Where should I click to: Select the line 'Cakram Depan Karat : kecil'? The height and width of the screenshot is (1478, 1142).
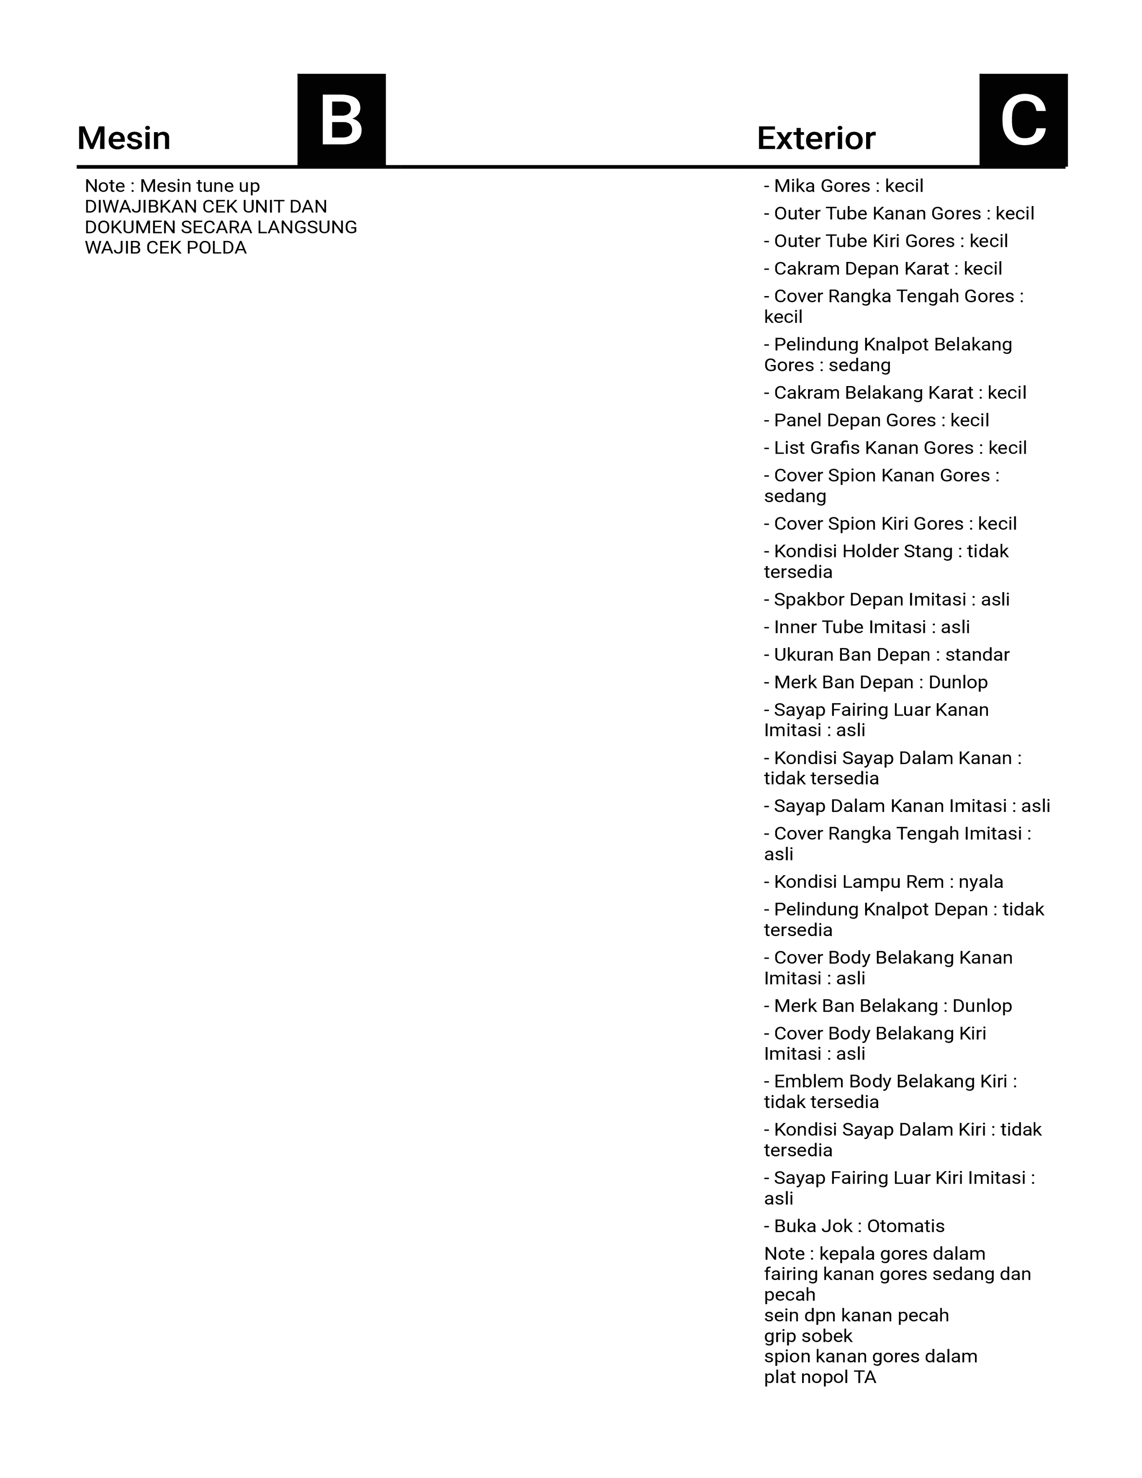(x=882, y=269)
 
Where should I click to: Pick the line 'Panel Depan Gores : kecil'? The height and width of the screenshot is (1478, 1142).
(x=876, y=420)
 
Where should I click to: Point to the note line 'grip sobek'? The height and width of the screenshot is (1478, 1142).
(x=808, y=1336)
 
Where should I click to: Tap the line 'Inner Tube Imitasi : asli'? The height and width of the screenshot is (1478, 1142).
(x=867, y=627)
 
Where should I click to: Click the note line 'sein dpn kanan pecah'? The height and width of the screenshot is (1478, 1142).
(x=856, y=1315)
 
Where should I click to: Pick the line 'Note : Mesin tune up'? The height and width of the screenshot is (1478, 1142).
(x=172, y=186)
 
